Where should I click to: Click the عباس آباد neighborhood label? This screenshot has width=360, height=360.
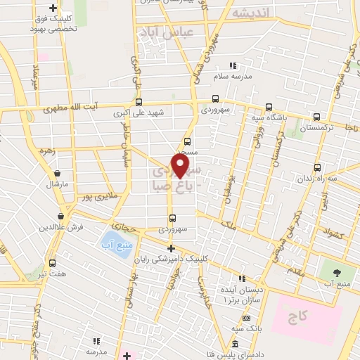pos(167,33)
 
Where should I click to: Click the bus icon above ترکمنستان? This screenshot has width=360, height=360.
pos(317,117)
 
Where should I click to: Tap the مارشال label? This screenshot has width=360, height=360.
pos(56,184)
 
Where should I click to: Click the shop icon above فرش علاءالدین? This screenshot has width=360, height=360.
pos(62,216)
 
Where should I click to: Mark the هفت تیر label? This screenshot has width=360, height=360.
pos(53,272)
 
